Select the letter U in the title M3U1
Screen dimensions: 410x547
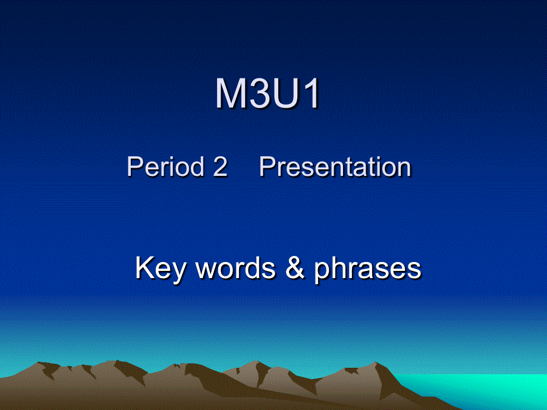[283, 94]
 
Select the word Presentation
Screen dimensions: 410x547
[335, 167]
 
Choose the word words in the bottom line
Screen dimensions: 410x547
[235, 269]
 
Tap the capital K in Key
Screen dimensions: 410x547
[144, 269]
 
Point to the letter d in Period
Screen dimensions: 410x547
[196, 167]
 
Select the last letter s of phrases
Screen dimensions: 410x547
[415, 270]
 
